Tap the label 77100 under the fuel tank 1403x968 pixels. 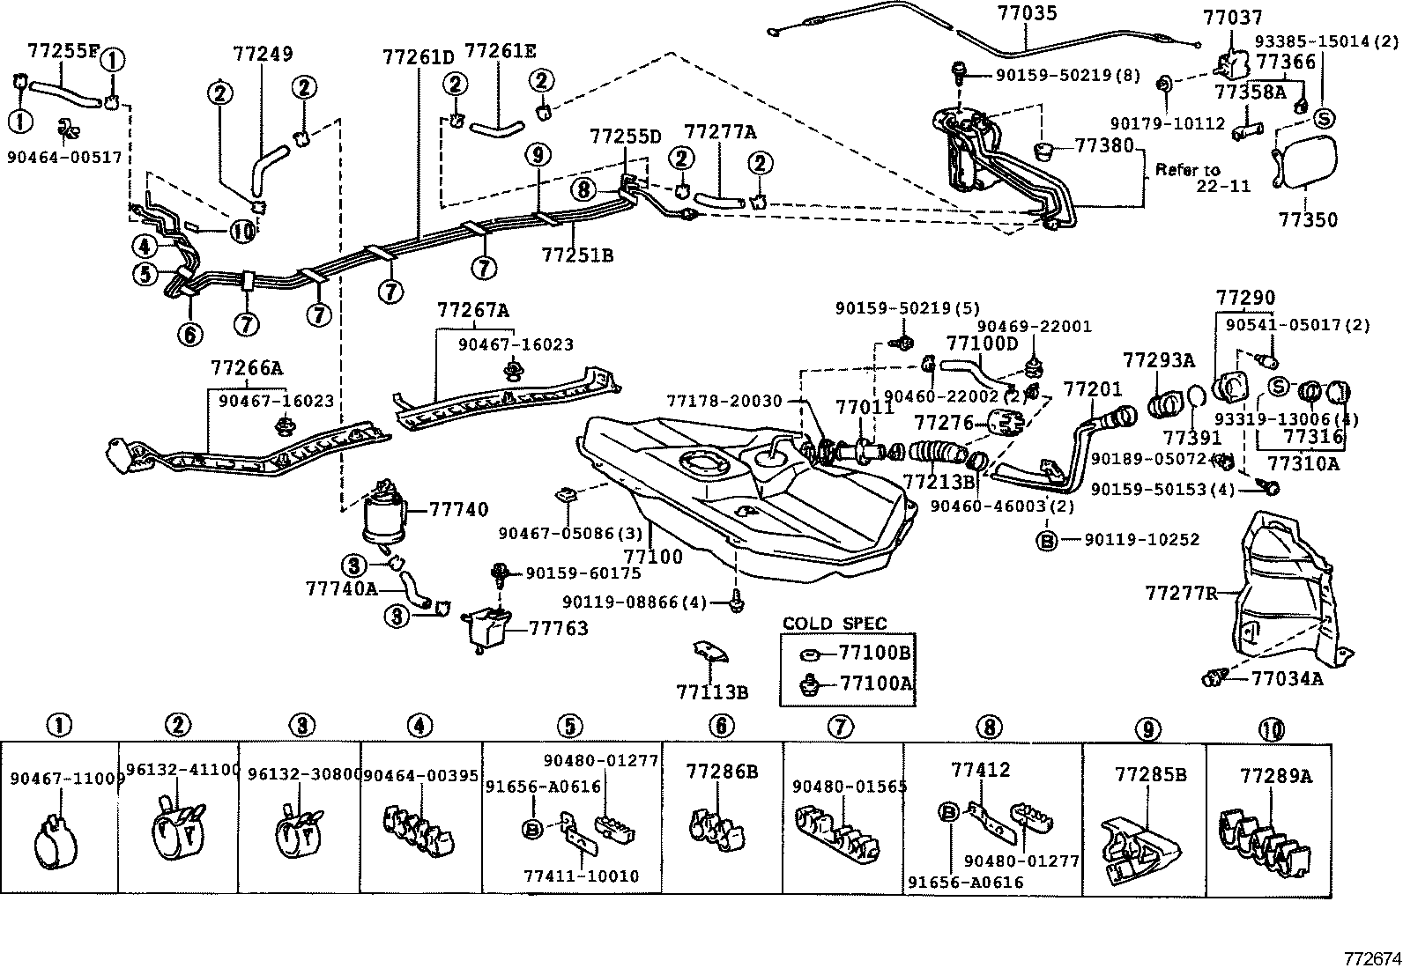coord(653,557)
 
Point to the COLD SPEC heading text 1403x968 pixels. coord(834,624)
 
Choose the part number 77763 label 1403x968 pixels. coord(558,628)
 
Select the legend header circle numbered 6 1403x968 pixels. coord(721,726)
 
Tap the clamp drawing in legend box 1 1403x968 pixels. coord(58,846)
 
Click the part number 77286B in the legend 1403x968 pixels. coord(722,772)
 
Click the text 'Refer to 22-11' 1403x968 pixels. coord(1199,178)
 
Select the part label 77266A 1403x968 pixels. coord(247,366)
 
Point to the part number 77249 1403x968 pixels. coord(263,54)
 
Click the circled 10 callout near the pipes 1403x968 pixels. coord(242,232)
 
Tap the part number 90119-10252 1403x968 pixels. coord(1141,540)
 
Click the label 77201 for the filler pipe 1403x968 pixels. coord(1093,388)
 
